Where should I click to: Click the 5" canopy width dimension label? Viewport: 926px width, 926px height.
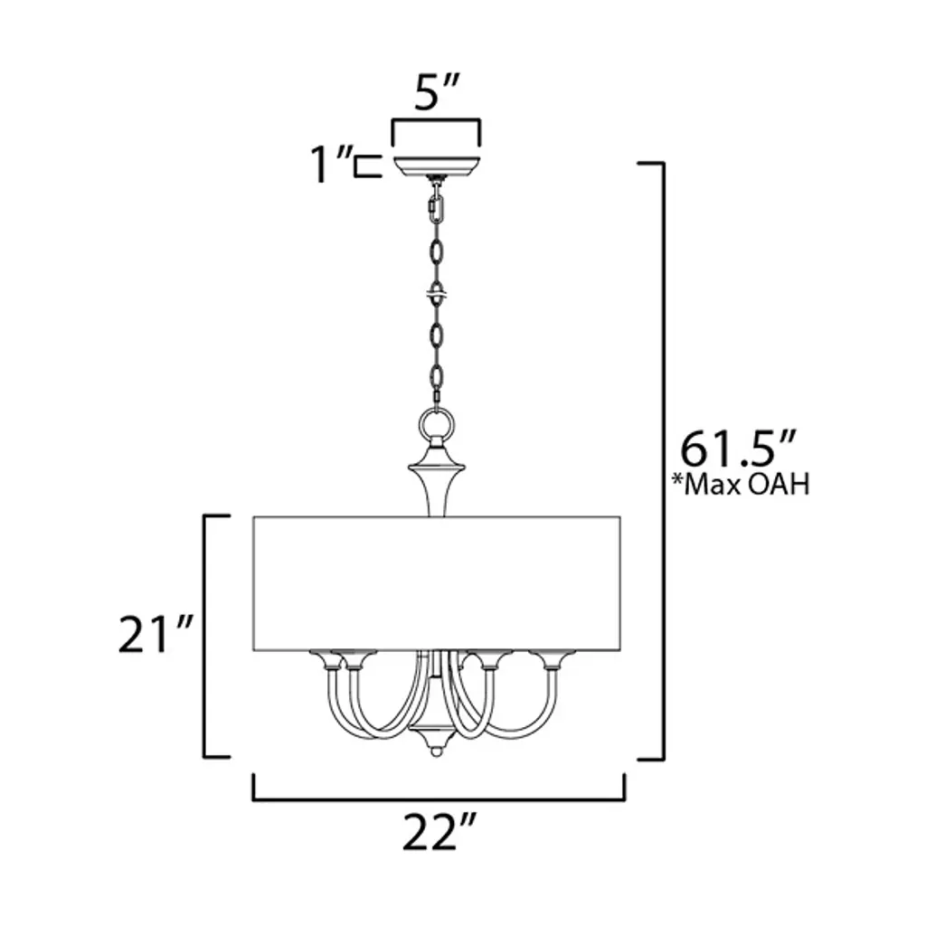tap(436, 93)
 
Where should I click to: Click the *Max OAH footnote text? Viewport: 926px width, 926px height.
tap(741, 485)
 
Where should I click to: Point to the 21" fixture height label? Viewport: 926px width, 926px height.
tap(156, 634)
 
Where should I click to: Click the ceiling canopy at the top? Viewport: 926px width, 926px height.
tap(436, 165)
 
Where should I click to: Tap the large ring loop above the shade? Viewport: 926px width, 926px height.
tap(437, 425)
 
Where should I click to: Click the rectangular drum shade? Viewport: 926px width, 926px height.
tap(437, 583)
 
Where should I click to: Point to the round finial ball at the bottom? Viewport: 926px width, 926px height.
tap(436, 752)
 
